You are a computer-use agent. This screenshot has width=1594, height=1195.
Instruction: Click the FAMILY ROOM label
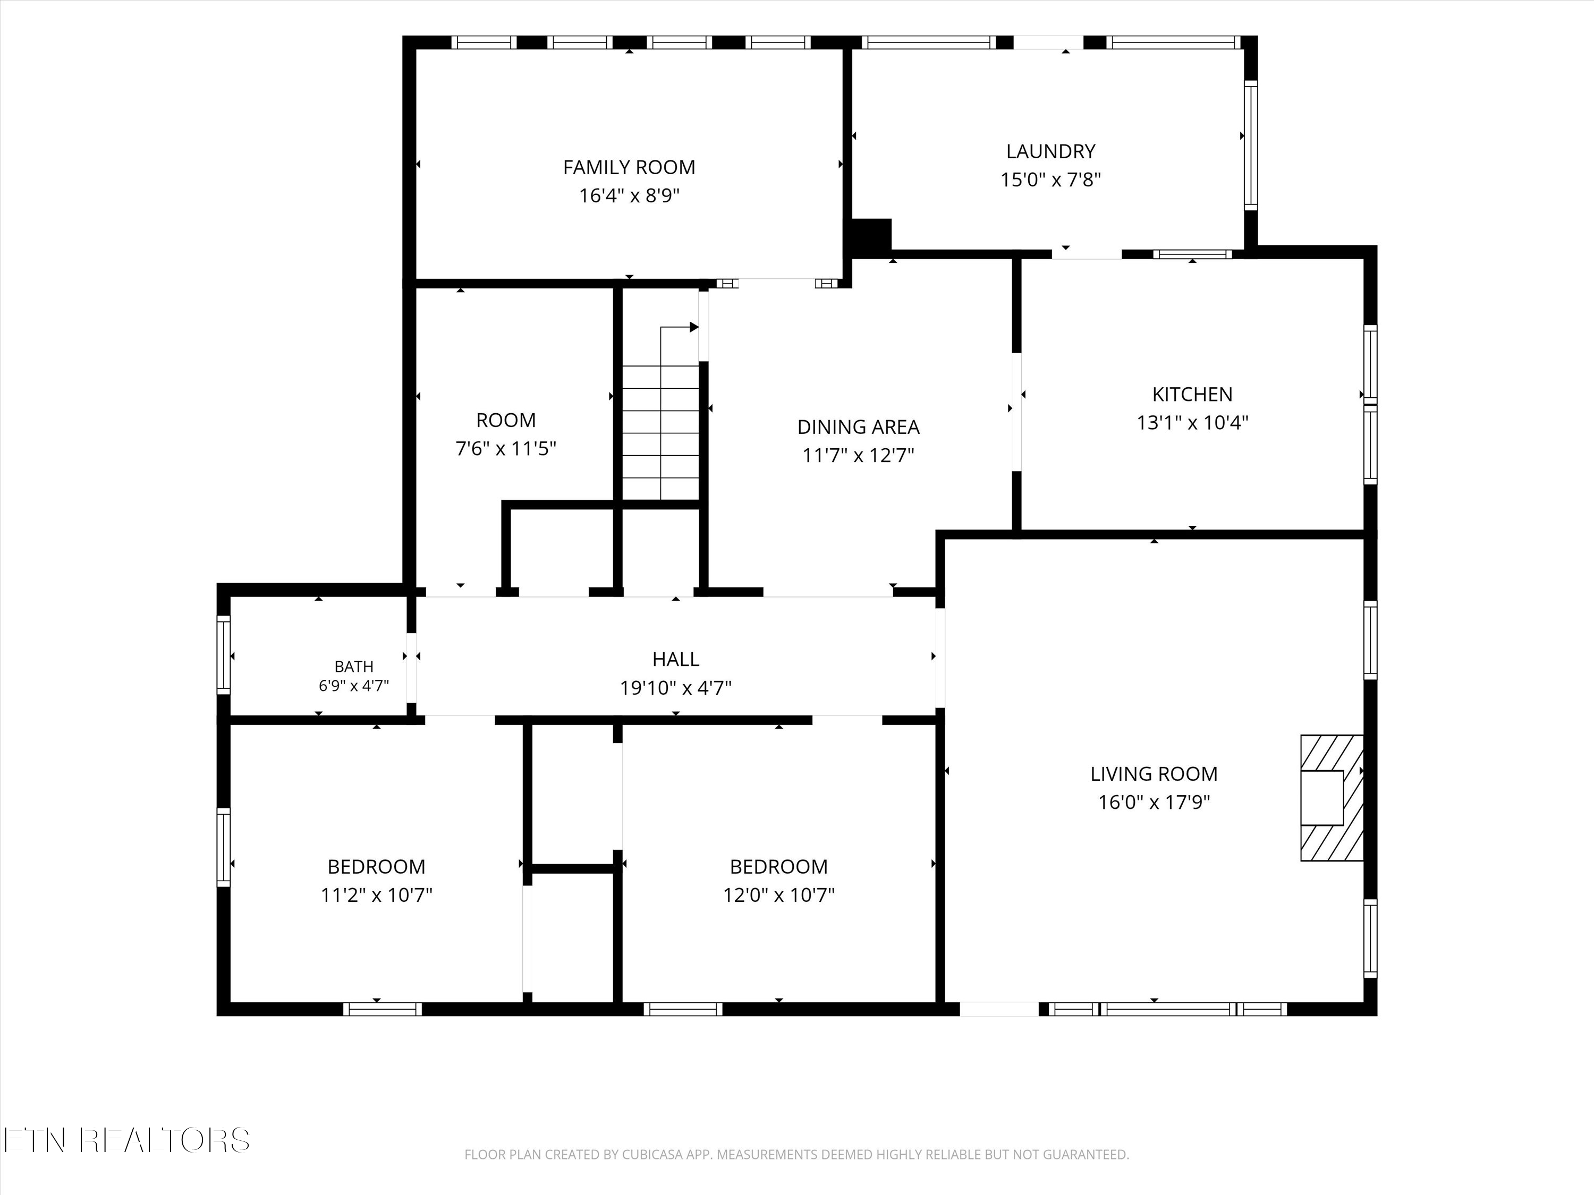629,167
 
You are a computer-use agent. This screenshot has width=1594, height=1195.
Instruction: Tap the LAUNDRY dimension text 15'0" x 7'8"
1050,180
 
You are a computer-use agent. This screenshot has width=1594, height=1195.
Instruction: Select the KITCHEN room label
1193,394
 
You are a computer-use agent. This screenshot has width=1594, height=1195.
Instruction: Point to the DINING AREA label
858,427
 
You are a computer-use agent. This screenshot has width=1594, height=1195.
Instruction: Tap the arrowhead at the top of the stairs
694,327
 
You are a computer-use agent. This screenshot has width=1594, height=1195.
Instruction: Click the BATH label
354,667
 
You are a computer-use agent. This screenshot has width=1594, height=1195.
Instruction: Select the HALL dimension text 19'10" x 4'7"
676,688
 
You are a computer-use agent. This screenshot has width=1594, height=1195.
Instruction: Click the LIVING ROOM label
1154,774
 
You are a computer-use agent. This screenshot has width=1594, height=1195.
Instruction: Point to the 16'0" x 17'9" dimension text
1154,801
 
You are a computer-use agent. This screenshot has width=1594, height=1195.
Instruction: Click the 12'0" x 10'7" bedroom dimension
779,894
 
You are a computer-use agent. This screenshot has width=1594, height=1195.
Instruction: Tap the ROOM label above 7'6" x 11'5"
506,420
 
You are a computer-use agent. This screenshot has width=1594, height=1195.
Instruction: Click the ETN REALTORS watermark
127,1140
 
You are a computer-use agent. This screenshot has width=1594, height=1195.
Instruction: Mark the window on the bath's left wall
223,655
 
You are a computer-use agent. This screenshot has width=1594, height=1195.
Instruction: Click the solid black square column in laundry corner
872,235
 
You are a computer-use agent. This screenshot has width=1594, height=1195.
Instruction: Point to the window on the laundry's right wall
1251,146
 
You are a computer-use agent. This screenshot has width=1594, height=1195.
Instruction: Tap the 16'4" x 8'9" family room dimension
629,195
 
